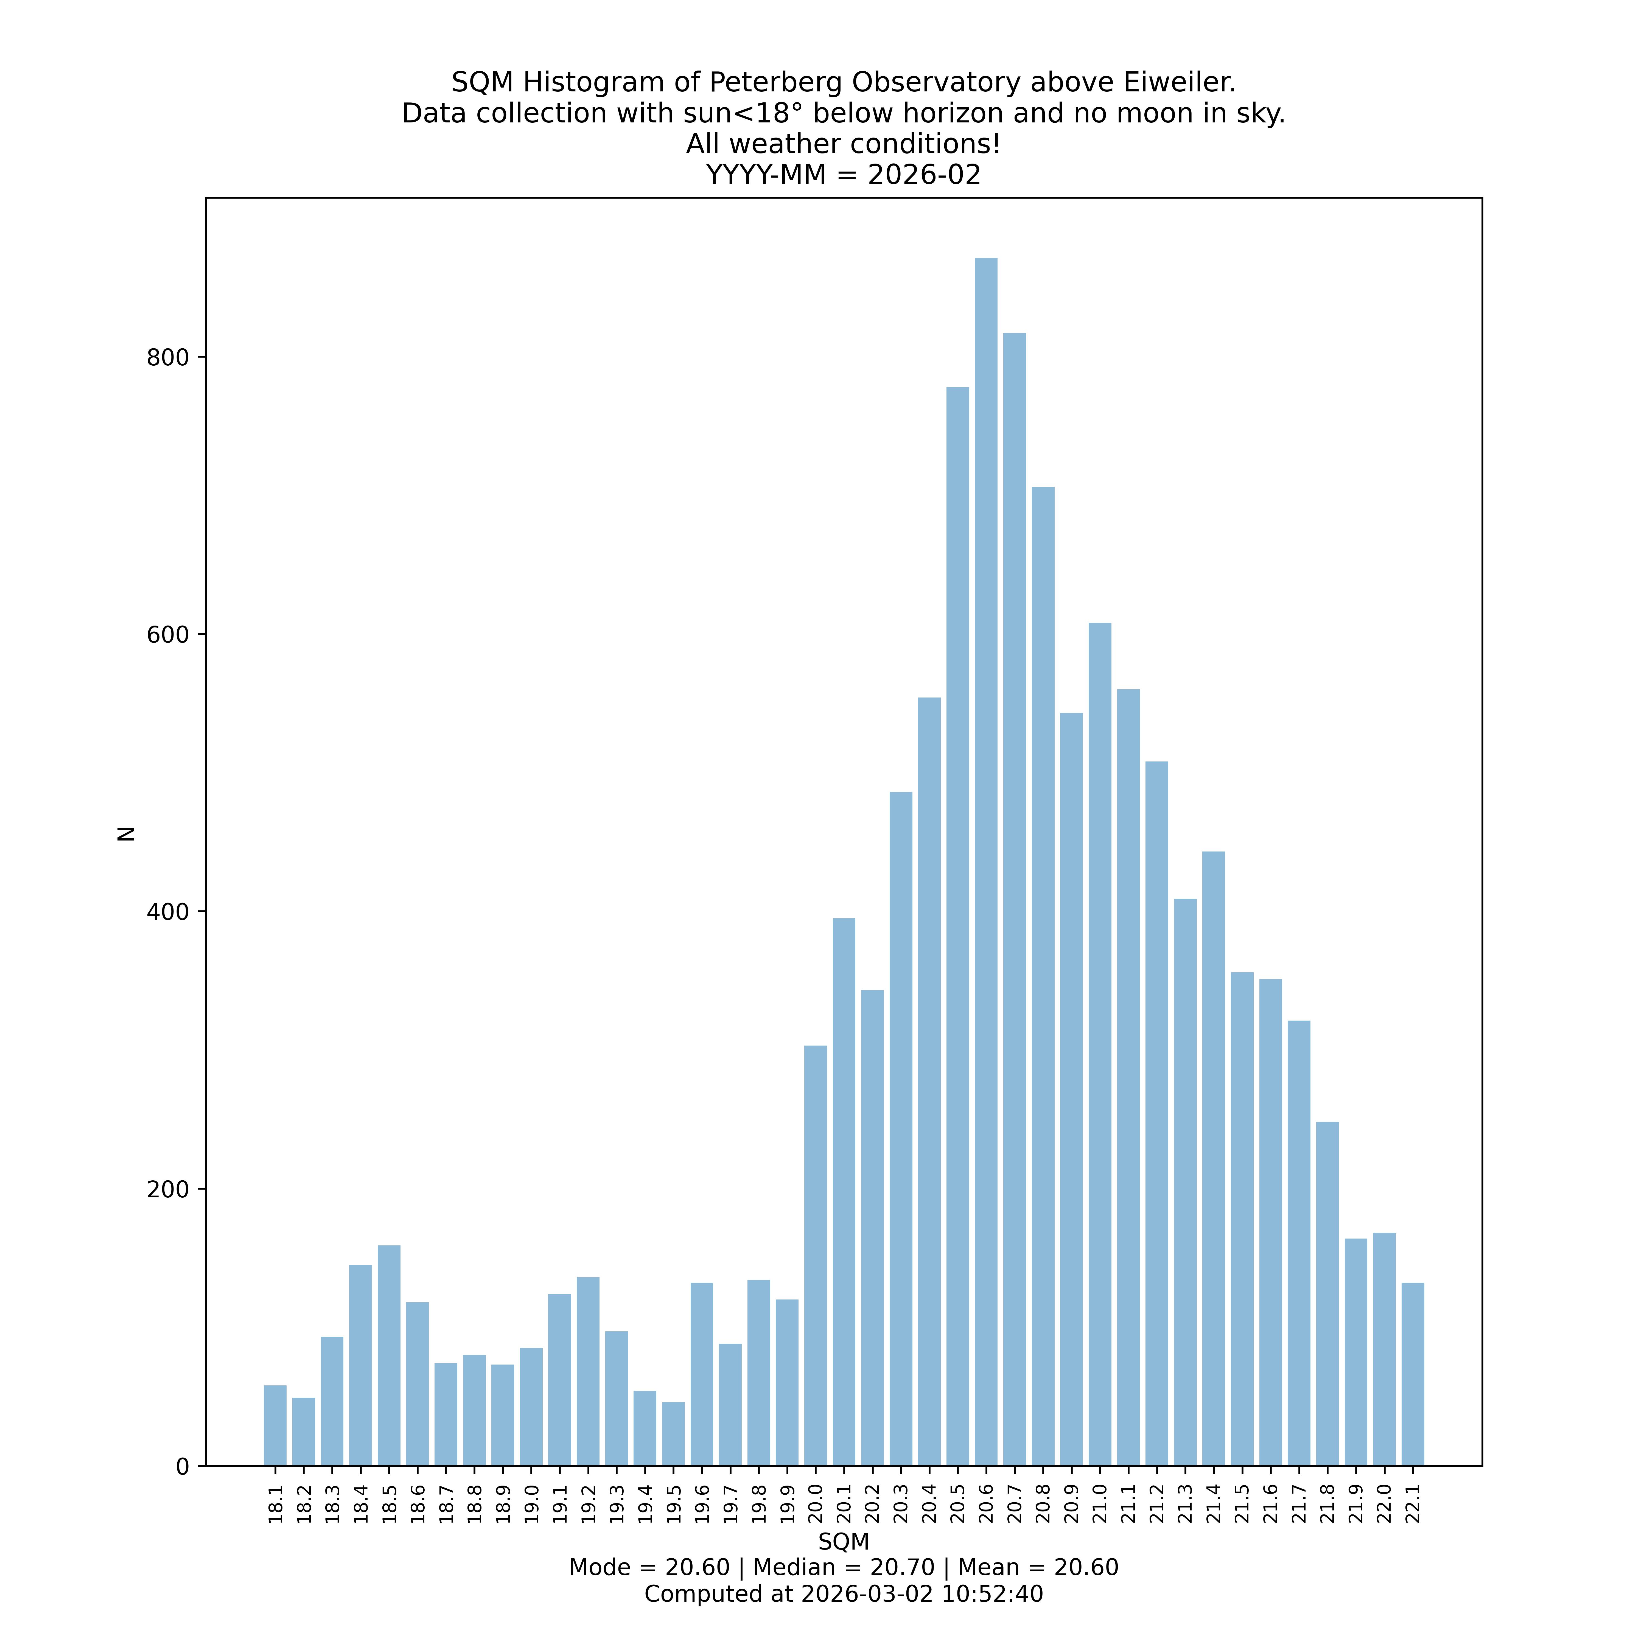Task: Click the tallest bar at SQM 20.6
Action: (985, 861)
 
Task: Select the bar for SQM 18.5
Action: (389, 1355)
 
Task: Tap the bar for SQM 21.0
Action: (1100, 1044)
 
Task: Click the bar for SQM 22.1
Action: (1413, 1374)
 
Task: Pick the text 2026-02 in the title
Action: (924, 175)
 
